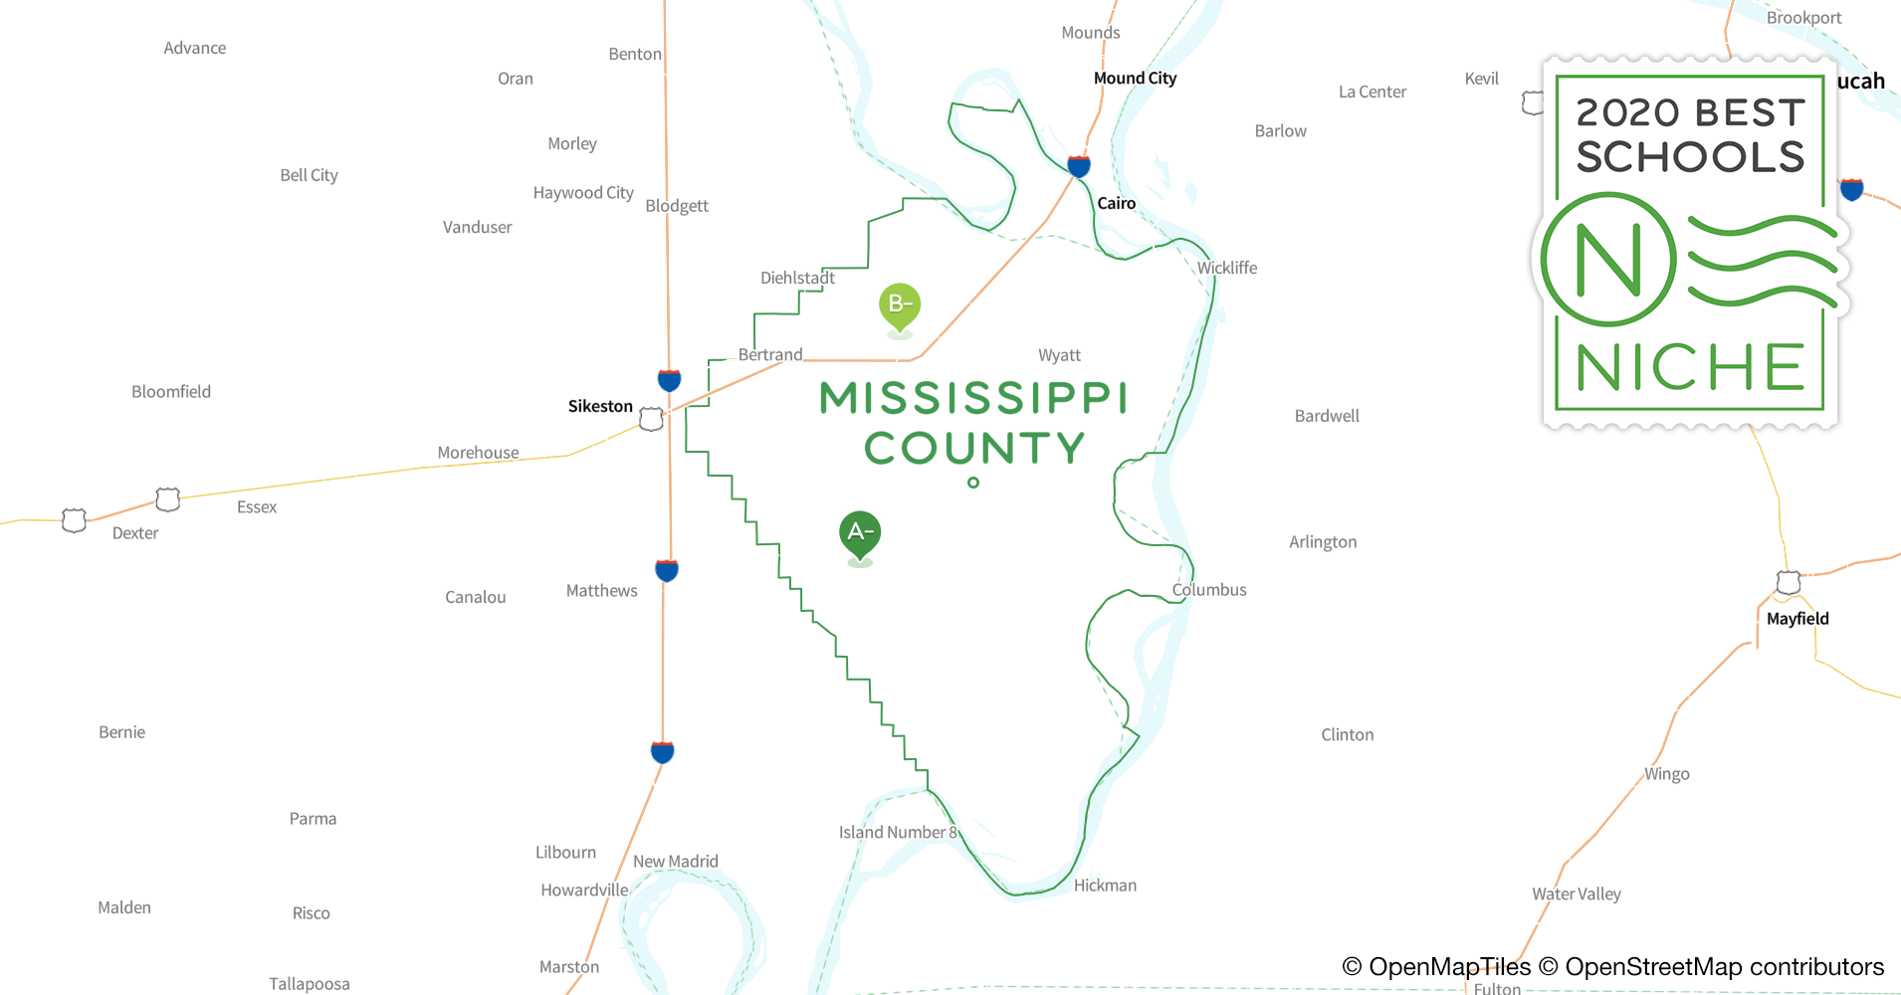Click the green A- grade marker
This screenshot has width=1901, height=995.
pos(860,533)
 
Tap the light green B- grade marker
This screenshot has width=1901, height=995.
pos(900,304)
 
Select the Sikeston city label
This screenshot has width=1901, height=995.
pos(600,406)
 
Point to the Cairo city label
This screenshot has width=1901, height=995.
pos(1116,203)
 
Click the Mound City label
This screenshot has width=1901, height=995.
pos(1135,79)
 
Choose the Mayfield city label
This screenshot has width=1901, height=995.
pos(1797,618)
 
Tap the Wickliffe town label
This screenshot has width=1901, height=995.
pos(1226,268)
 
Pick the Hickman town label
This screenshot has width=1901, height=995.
pos(1105,885)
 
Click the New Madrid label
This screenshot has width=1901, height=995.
pos(676,861)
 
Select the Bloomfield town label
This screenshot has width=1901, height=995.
pos(171,392)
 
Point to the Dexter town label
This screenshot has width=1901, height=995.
pos(135,533)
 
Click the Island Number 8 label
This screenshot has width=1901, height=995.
pos(898,832)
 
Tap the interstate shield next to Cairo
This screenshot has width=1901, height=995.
pos(1079,165)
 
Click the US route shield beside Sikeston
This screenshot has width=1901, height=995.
pos(651,420)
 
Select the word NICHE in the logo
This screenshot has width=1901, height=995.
pos(1690,368)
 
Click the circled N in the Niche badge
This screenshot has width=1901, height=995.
pos(1608,261)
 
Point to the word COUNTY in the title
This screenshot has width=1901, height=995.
pos(973,449)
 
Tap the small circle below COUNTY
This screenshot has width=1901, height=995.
pos(973,483)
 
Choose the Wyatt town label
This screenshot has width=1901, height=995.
pos(1059,355)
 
